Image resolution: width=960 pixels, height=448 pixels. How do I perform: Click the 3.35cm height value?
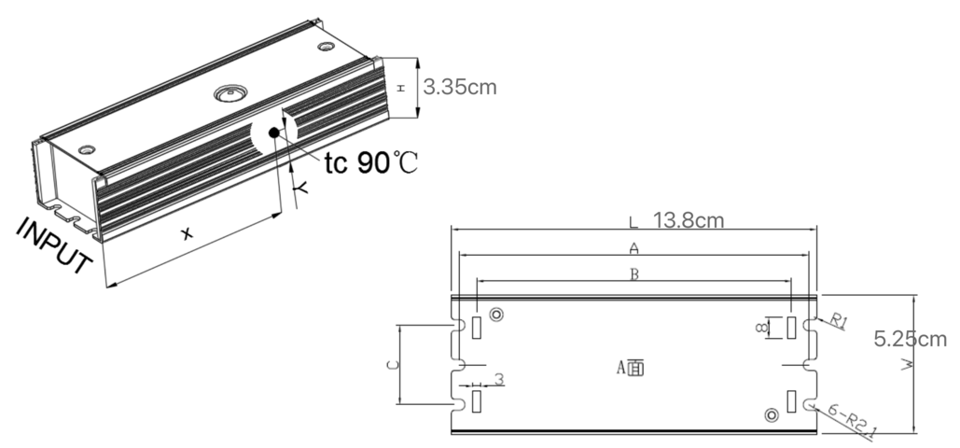click(459, 88)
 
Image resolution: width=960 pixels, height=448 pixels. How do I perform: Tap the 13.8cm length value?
click(689, 221)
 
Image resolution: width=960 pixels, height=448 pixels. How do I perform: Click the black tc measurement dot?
click(274, 132)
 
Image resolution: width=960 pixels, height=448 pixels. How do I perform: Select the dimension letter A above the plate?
click(633, 248)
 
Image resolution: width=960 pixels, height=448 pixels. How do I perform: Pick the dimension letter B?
click(633, 275)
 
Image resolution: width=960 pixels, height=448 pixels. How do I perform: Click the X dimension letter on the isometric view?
click(187, 234)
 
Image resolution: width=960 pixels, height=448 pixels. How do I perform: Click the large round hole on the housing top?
click(229, 94)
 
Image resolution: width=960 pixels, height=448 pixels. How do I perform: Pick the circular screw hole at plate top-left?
click(496, 315)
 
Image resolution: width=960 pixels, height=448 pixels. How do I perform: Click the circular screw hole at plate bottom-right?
click(771, 414)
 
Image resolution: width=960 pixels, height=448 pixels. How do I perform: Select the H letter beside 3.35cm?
click(400, 87)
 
